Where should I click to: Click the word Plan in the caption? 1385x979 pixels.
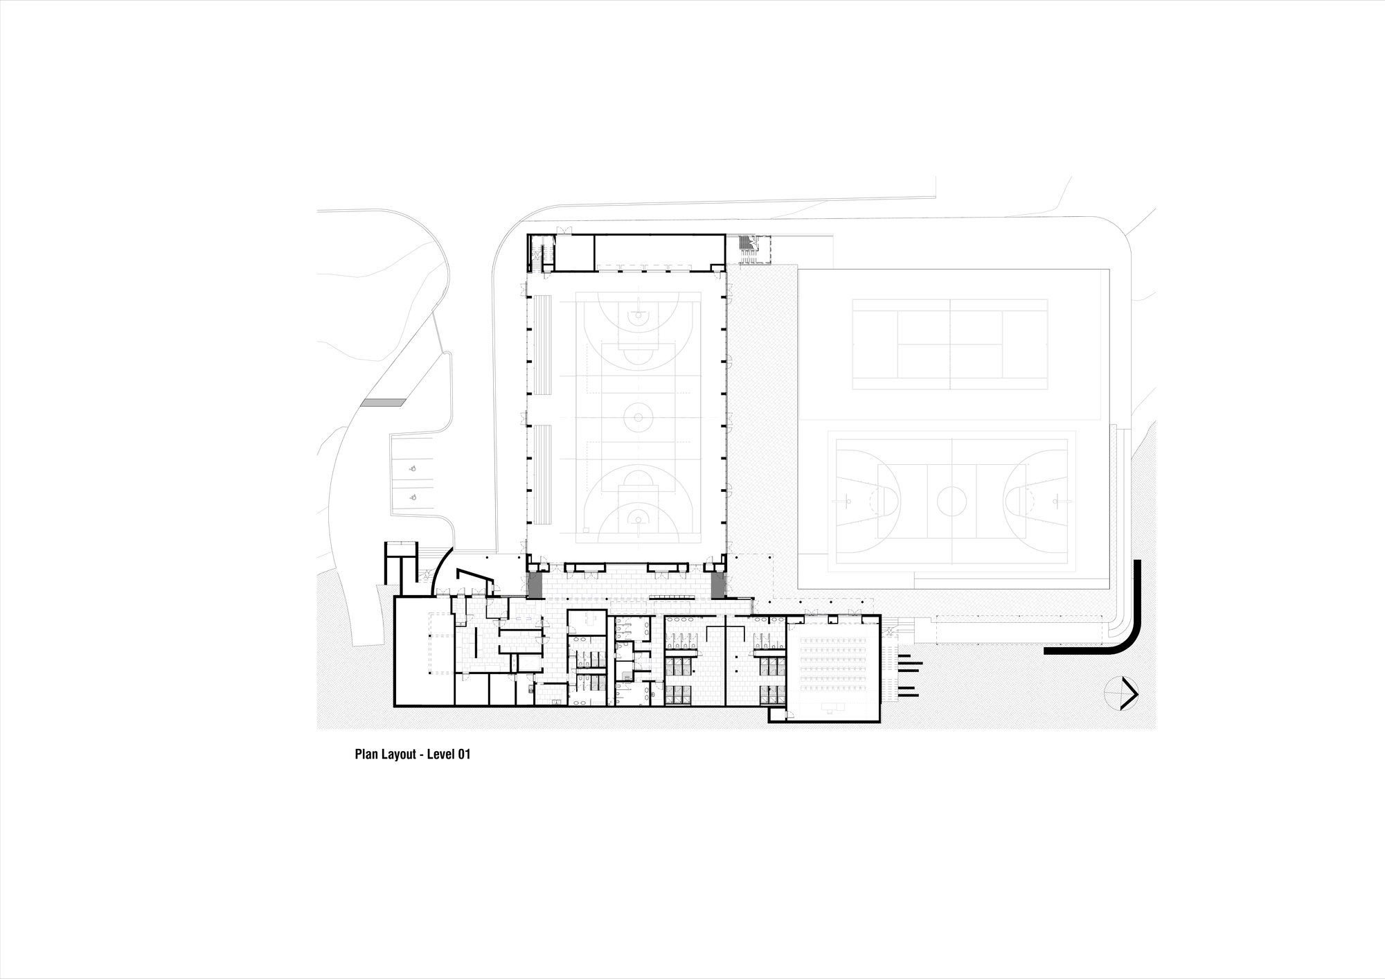pos(366,755)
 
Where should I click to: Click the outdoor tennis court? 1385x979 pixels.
pos(949,344)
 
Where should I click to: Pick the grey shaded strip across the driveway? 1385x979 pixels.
pos(383,403)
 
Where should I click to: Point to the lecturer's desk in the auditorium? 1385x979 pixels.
pos(831,707)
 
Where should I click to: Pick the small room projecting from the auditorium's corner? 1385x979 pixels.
pos(778,714)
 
